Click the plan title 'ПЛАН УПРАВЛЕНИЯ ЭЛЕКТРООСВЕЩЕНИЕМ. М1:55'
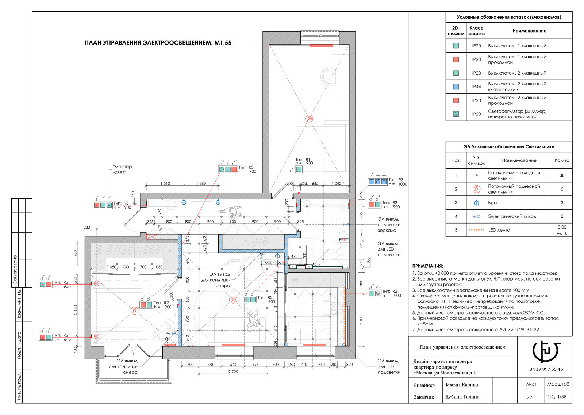[x=158, y=43]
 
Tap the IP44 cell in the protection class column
[x=476, y=87]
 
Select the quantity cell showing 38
[x=562, y=175]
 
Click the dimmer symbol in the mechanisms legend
[x=456, y=114]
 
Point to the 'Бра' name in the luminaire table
[x=492, y=203]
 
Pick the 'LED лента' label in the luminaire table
[x=499, y=230]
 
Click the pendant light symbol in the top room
[x=309, y=118]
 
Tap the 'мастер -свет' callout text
[x=123, y=170]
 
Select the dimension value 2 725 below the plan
[x=233, y=372]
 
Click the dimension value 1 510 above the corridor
[x=165, y=183]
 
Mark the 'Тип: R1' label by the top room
[x=303, y=160]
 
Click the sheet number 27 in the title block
[x=530, y=397]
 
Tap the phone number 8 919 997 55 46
[x=546, y=369]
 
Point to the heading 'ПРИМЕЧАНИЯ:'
[x=427, y=266]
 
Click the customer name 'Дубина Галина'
[x=462, y=397]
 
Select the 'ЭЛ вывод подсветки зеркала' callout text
[x=389, y=225]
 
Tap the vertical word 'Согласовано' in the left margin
[x=15, y=270]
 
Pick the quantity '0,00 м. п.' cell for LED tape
[x=562, y=230]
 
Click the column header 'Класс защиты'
[x=476, y=31]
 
